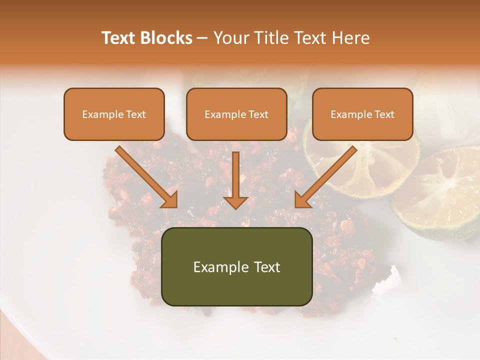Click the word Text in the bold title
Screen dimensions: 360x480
(118, 38)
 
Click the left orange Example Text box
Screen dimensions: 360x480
(114, 114)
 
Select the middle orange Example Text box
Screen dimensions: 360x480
(236, 114)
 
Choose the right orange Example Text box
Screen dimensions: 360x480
(362, 114)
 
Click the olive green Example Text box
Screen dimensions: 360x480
(236, 266)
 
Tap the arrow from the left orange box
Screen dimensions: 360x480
(147, 177)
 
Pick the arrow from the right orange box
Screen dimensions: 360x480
(325, 177)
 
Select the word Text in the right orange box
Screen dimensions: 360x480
(384, 114)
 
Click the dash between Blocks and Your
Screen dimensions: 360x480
(202, 38)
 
